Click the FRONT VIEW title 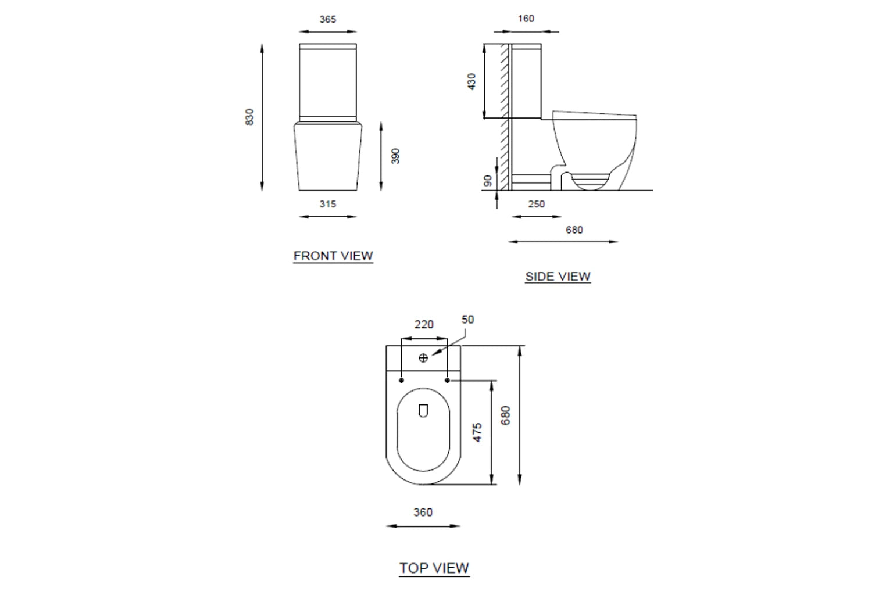(333, 256)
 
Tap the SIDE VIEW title (558, 277)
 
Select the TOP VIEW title (434, 568)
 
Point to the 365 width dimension (327, 19)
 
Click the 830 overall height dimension (249, 117)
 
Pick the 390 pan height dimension (395, 156)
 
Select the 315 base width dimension (327, 204)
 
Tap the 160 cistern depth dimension (526, 19)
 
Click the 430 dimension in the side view (471, 81)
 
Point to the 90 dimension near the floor (488, 181)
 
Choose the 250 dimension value (536, 204)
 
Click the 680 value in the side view (574, 230)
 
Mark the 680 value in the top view (506, 415)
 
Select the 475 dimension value (477, 432)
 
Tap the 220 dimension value (424, 325)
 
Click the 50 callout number (467, 320)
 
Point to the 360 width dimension (423, 512)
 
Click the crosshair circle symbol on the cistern (423, 358)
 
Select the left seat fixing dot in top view (401, 380)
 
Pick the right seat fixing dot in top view (447, 380)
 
